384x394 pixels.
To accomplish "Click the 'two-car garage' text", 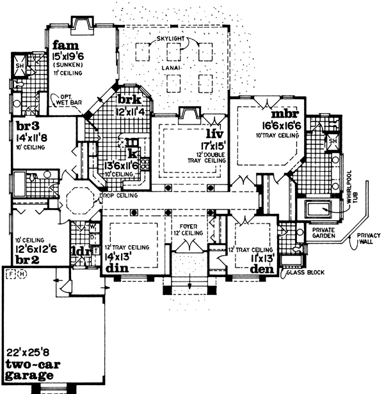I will click(31, 370).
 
